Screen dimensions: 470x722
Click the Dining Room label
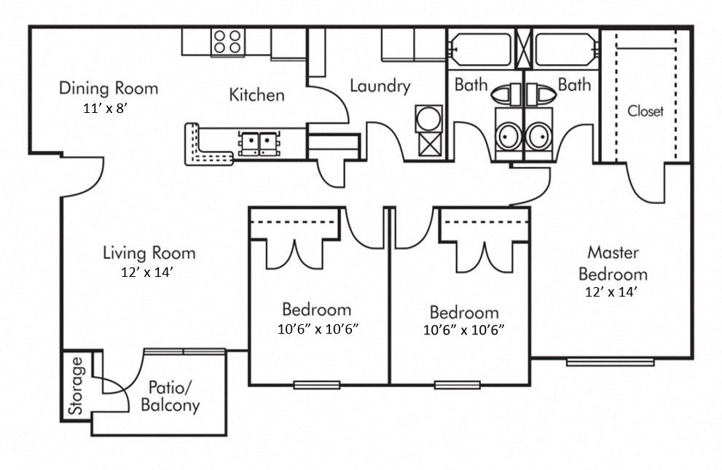[x=108, y=89]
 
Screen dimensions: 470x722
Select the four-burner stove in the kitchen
[x=227, y=42]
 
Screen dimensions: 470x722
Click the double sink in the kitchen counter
[x=259, y=142]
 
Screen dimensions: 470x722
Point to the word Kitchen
[x=256, y=95]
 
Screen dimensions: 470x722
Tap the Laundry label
[x=380, y=86]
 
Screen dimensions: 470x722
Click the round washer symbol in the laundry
[x=428, y=118]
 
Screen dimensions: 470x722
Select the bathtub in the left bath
[x=480, y=50]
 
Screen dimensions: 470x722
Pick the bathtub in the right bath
[x=565, y=50]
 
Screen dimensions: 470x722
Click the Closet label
[x=646, y=111]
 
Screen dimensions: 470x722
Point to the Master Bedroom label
[x=613, y=264]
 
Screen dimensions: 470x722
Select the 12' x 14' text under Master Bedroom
[x=612, y=292]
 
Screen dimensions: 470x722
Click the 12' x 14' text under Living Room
[x=149, y=273]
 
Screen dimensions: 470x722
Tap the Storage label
[x=76, y=386]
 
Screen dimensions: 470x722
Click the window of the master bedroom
[x=610, y=361]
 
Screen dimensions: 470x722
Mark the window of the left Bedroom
[x=317, y=385]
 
